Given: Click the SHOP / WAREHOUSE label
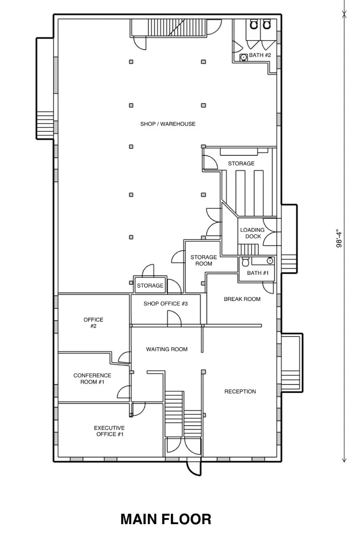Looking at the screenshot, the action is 168,124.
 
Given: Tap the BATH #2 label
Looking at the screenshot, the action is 260,56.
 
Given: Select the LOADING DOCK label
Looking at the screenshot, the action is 252,233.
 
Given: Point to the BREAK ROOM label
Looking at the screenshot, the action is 242,299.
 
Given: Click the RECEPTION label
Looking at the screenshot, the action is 240,391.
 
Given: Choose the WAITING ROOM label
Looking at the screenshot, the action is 167,349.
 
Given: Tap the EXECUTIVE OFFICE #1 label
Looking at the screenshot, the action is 109,431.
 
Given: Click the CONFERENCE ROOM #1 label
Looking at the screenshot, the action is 92,378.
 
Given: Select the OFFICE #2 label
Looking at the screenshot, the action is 93,323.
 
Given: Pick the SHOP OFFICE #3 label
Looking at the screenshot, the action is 165,304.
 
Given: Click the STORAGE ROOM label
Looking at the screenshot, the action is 203,261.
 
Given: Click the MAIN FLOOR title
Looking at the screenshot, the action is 166,519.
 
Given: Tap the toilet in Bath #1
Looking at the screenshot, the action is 245,262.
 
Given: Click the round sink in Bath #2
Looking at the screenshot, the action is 243,57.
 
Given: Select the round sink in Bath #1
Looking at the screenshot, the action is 270,261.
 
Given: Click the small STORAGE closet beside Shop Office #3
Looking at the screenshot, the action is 150,285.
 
